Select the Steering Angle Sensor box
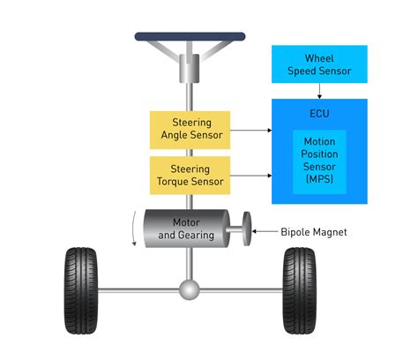[x=190, y=130]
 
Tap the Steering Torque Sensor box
[x=190, y=175]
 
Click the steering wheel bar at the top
[x=190, y=37]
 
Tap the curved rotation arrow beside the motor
[x=132, y=228]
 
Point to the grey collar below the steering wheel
[x=190, y=65]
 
